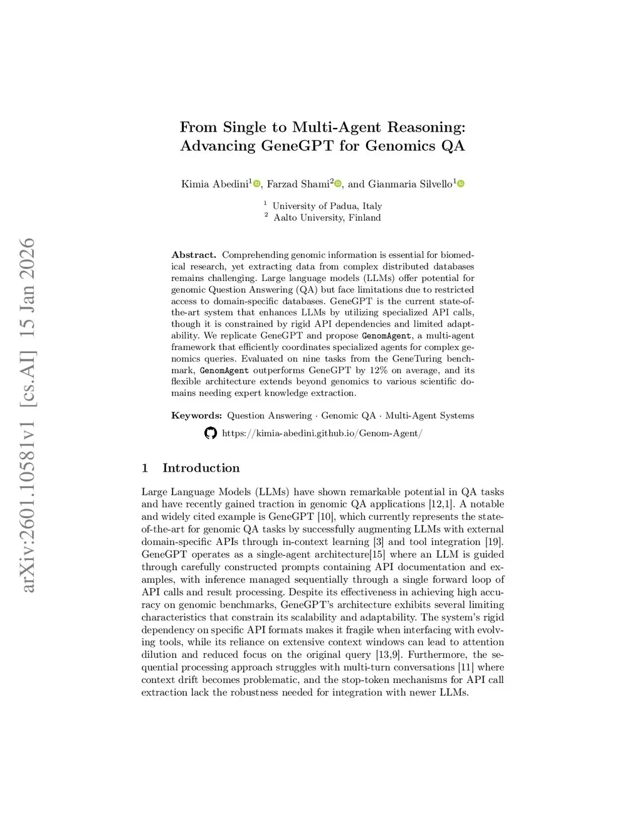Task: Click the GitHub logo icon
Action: pos(211,433)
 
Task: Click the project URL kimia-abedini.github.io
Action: pos(322,433)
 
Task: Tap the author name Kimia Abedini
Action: pos(214,184)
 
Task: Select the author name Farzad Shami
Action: pos(298,184)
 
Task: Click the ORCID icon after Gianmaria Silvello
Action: pos(461,184)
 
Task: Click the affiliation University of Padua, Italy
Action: pos(327,206)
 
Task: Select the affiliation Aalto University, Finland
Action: pos(327,218)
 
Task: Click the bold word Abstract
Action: pos(193,255)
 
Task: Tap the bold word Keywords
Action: pos(196,415)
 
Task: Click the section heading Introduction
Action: pos(201,468)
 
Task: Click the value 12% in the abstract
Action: pos(378,370)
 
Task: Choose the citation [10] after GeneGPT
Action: pos(326,517)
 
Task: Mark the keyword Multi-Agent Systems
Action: pos(429,415)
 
